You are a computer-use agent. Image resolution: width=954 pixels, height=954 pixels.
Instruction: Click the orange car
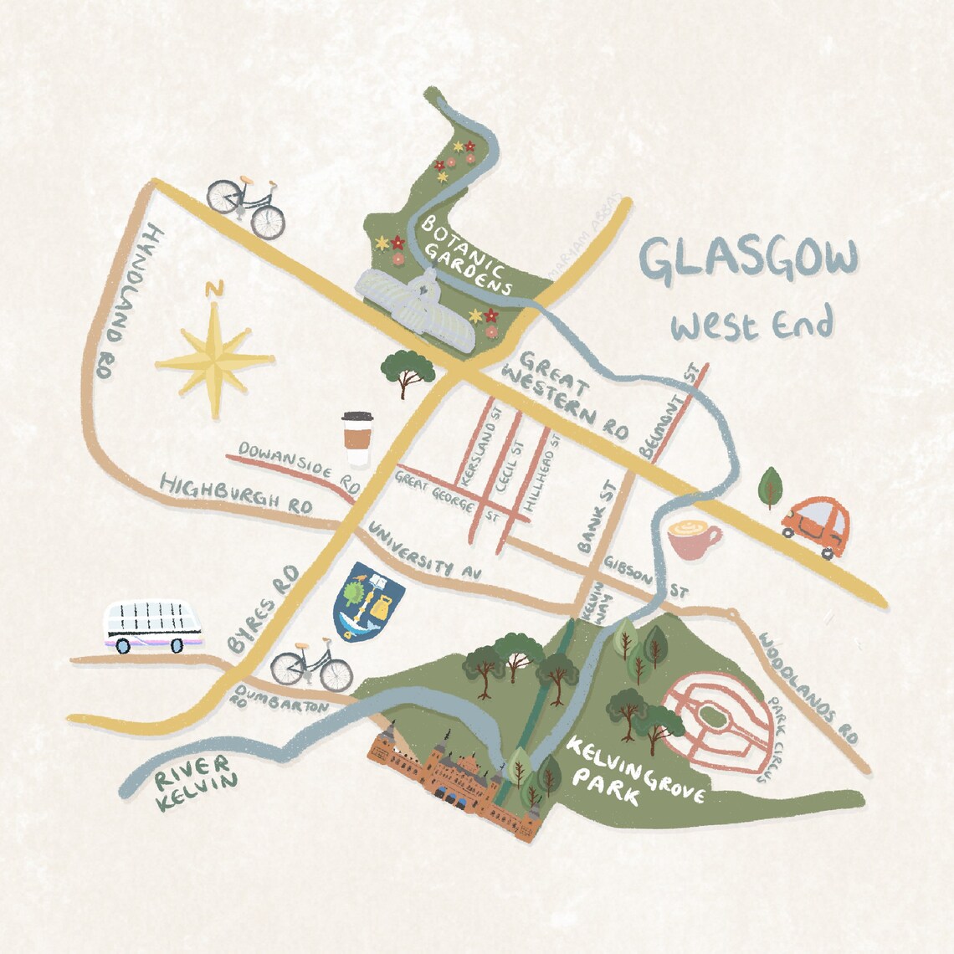(813, 526)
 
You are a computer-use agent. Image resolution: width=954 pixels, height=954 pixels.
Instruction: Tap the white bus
(152, 626)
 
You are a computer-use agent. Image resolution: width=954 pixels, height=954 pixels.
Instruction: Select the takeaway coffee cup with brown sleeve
(356, 438)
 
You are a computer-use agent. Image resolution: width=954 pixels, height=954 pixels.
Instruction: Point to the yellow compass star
(215, 361)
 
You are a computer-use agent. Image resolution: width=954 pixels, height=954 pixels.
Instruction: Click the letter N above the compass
(215, 290)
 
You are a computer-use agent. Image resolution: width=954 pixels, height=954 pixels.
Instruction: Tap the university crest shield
(368, 599)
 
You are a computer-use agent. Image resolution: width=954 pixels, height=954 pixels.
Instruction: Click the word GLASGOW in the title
(748, 259)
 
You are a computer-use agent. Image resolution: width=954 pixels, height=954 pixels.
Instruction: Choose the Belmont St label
(669, 410)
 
